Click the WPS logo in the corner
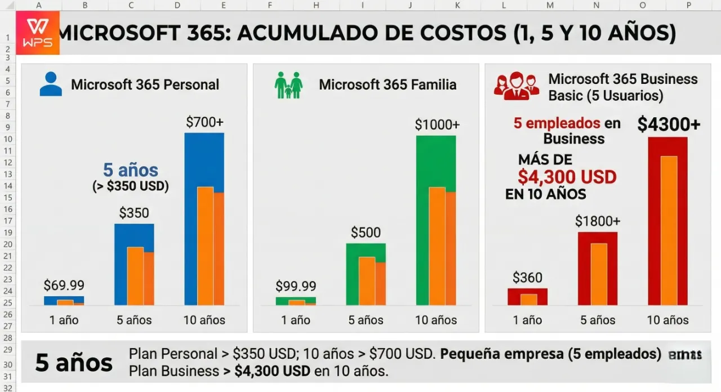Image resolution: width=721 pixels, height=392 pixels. point(38,33)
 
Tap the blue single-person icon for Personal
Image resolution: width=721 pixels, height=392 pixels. point(51,84)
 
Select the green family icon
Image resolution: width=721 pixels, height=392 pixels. point(288,85)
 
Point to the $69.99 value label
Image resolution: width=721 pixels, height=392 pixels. point(64,286)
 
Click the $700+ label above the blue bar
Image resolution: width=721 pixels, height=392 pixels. point(204,122)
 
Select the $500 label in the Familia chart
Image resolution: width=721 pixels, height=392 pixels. point(366,232)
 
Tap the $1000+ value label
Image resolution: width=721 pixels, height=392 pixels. point(437,124)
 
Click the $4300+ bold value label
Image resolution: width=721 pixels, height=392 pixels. point(669,124)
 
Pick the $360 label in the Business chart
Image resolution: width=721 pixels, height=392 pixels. point(527,278)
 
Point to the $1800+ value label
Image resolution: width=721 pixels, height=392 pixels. point(598,221)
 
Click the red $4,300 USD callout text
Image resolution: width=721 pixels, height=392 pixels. point(567,177)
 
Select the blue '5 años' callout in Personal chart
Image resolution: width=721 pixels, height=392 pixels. point(131,170)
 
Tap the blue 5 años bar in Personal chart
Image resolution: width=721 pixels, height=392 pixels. point(120,265)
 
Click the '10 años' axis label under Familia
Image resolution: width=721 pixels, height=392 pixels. point(436,320)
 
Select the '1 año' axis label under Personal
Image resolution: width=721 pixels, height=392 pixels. point(64,320)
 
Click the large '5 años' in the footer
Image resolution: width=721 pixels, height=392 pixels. point(74,363)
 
